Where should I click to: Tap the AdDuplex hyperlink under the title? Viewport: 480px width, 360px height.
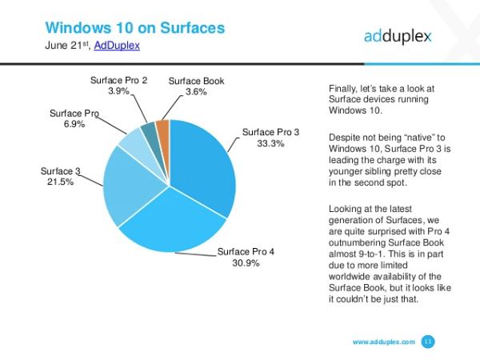point(117,46)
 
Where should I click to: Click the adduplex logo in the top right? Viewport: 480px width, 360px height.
point(398,36)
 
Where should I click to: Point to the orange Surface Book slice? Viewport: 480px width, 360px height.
point(163,130)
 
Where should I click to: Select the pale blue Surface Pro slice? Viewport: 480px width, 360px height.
point(132,145)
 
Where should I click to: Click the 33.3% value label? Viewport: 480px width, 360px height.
point(270,143)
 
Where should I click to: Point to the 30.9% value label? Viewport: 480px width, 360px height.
point(246,263)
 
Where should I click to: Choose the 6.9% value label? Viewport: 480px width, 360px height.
point(74,125)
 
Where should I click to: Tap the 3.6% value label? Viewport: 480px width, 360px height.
point(196,92)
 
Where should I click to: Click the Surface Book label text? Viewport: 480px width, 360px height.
point(196,81)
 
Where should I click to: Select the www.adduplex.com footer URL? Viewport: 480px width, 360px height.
point(383,342)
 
